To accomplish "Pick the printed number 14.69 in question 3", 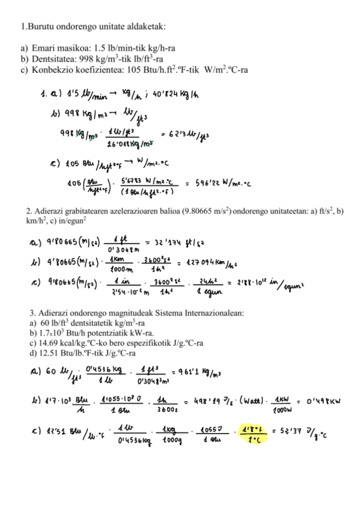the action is [48, 343].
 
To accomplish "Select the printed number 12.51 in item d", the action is [49, 353].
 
